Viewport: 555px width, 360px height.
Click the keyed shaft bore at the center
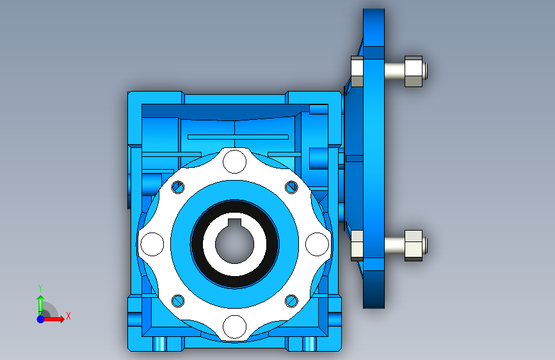click(x=234, y=245)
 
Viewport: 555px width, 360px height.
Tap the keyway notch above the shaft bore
click(x=234, y=223)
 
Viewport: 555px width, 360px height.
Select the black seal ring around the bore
click(x=234, y=244)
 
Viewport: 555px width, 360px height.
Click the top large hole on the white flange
click(x=235, y=161)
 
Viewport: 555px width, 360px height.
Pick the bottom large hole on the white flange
click(x=235, y=327)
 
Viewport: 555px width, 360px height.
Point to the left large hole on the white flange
click(x=152, y=244)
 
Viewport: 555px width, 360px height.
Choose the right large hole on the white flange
click(x=317, y=244)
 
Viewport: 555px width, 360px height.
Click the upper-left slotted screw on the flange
click(x=178, y=187)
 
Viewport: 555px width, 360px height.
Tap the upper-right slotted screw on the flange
click(x=291, y=187)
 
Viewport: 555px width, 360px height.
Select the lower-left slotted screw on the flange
click(x=178, y=301)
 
